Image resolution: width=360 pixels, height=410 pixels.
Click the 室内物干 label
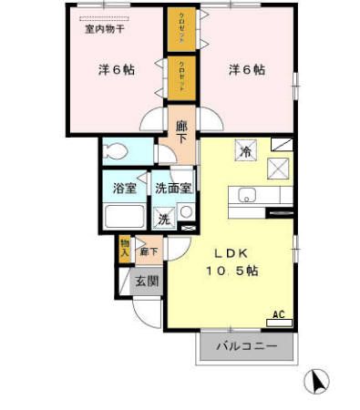[x=105, y=31]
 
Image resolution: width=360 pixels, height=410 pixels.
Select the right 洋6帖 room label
[x=247, y=69]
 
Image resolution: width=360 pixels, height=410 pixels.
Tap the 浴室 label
[x=125, y=189]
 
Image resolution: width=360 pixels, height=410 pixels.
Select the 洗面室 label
[x=172, y=189]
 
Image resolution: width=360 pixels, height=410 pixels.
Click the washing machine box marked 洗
[x=164, y=219]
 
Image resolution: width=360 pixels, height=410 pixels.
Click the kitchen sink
[x=248, y=194]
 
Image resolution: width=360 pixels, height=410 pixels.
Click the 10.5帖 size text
[x=231, y=271]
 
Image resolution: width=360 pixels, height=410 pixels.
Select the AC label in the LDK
[x=278, y=315]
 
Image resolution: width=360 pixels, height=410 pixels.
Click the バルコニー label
[x=247, y=346]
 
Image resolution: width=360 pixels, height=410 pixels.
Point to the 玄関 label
[x=147, y=281]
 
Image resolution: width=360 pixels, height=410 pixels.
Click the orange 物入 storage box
[x=124, y=248]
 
